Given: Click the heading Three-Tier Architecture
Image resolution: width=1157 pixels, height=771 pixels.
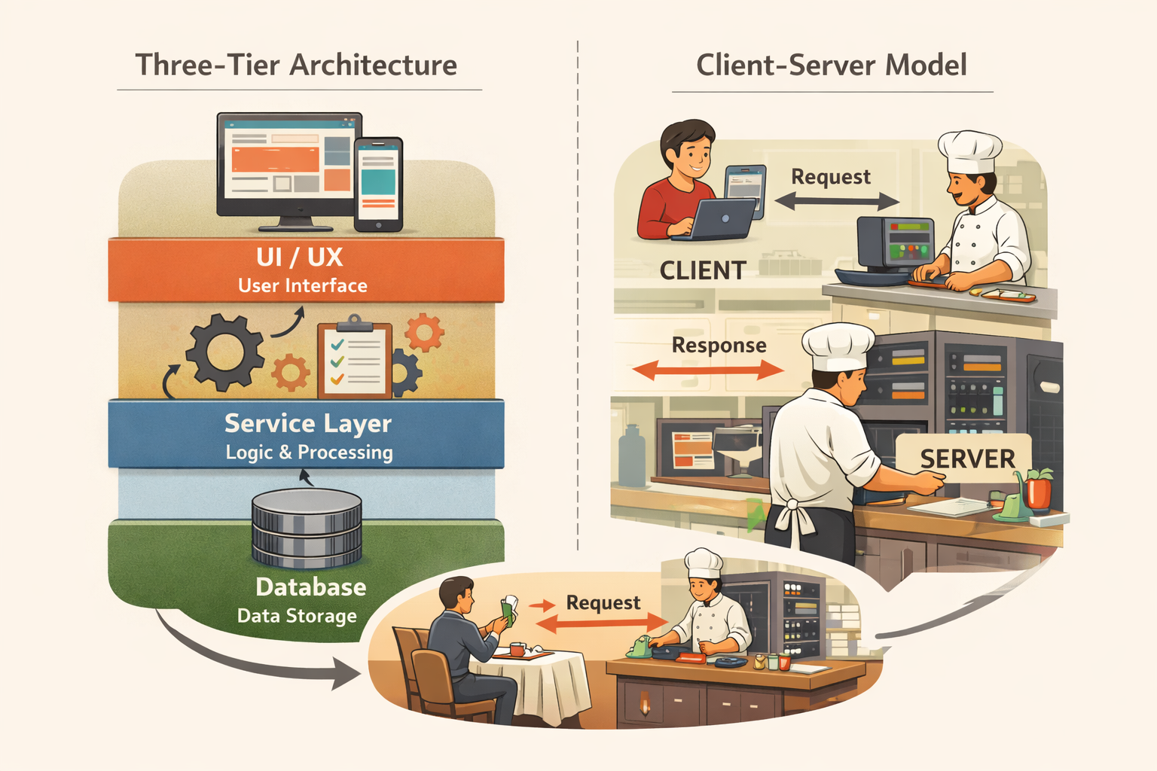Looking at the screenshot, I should (x=296, y=66).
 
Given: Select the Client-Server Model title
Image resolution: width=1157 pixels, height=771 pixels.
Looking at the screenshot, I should (x=831, y=66).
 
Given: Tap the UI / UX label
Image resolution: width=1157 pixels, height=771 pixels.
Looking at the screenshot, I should (x=300, y=258).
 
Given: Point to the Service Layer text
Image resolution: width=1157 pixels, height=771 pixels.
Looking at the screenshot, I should (x=307, y=424).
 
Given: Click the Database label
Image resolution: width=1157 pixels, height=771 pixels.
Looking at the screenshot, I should (x=310, y=587).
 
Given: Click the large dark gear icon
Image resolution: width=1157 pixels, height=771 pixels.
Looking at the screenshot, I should (x=224, y=352).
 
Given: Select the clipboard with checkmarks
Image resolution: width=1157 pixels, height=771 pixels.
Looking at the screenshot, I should (x=355, y=360).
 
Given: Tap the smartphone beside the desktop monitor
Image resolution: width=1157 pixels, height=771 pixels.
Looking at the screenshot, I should (x=378, y=184).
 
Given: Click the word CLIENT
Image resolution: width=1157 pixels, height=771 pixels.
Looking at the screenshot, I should (x=703, y=271).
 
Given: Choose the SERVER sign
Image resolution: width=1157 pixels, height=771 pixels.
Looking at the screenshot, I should (x=967, y=459).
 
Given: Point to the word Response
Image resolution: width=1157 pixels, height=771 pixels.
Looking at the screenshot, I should (x=719, y=346).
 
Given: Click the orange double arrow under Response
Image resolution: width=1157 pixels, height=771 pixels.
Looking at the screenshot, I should (x=708, y=370).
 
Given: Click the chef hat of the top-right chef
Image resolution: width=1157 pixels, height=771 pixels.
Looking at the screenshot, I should (x=969, y=151).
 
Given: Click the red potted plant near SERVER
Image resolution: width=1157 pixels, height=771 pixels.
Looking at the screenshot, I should (x=1038, y=489).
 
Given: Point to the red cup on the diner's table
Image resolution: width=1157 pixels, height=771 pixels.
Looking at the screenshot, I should (x=517, y=649).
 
